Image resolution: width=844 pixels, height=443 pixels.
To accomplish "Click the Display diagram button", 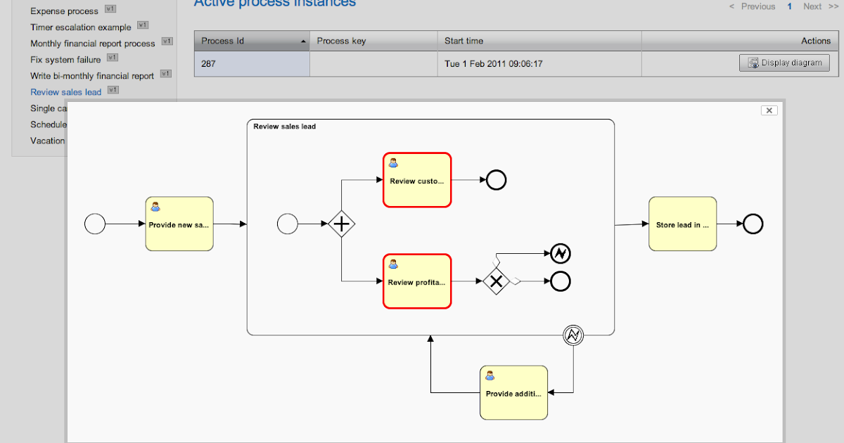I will click(x=784, y=63).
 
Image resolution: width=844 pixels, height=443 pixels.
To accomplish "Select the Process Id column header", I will click(x=252, y=41).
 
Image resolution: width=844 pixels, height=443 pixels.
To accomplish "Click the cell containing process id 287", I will click(x=252, y=64).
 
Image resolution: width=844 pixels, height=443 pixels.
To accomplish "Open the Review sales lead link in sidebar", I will click(x=65, y=92).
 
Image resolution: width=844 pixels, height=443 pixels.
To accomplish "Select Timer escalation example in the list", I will click(x=80, y=27).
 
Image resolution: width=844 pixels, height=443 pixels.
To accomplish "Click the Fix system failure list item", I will click(x=65, y=60).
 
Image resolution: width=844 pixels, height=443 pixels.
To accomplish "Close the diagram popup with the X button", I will click(x=769, y=110).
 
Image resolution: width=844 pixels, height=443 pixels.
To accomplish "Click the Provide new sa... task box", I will click(x=179, y=224).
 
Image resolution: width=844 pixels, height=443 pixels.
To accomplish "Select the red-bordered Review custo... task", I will click(x=417, y=180).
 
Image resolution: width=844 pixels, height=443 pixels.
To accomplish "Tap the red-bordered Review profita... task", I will click(x=417, y=281).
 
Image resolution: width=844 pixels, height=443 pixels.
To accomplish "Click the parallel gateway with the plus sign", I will click(x=341, y=224).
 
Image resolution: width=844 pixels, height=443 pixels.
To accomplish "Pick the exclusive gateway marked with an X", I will click(x=496, y=281).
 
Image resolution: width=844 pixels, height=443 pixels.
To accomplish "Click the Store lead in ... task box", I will click(x=682, y=224).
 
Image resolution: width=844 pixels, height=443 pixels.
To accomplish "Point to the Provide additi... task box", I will click(x=513, y=392).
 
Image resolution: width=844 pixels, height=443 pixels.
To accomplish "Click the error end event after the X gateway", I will click(x=560, y=253).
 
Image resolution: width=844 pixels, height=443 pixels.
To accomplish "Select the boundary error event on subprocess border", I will click(x=573, y=336).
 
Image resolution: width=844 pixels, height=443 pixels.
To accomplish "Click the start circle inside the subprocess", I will click(x=288, y=224).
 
